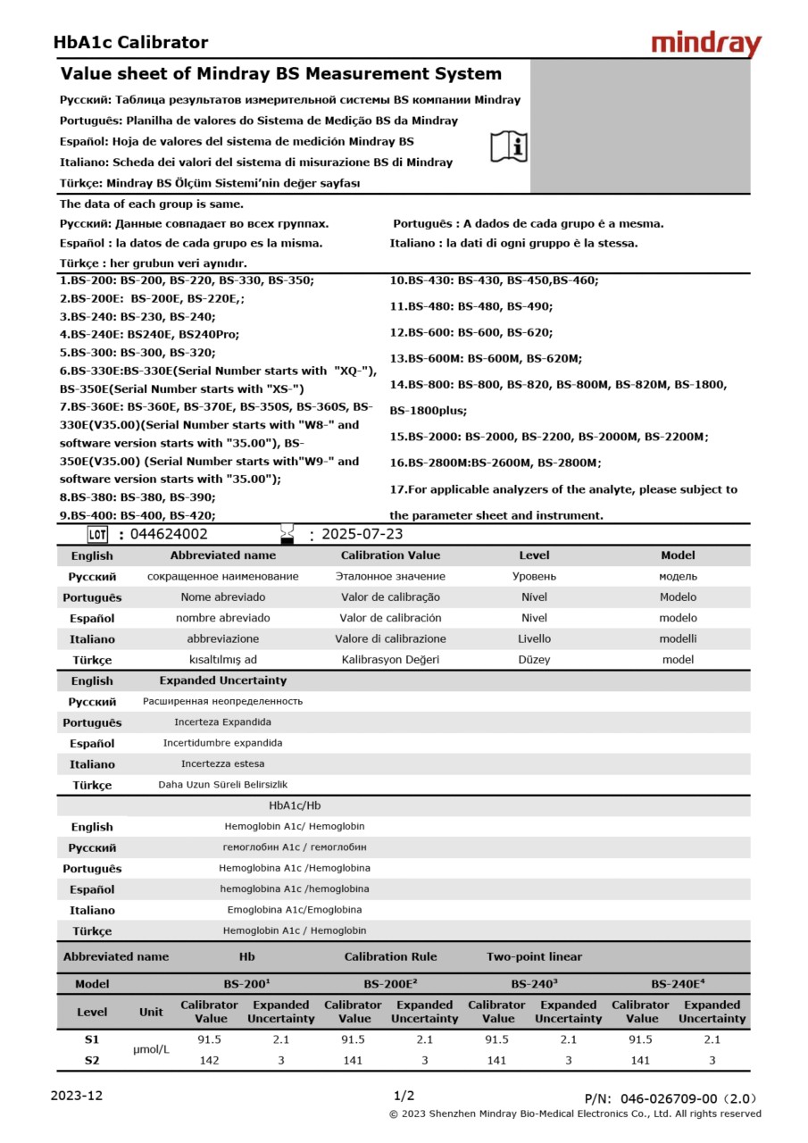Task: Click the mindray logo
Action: point(706,44)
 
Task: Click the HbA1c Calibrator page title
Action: point(130,42)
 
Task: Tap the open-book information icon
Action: point(509,146)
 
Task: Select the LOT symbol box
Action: point(97,535)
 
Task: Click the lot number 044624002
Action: point(169,534)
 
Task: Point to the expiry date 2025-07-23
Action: point(362,534)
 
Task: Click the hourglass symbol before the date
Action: point(287,534)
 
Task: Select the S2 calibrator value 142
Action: point(210,1060)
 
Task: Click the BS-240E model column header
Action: point(678,984)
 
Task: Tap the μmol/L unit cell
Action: point(151,1049)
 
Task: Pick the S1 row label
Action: point(92,1039)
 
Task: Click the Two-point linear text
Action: point(534,956)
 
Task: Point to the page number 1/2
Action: point(404,1096)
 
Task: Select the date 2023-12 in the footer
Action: point(77,1096)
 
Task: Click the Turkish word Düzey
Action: point(534,660)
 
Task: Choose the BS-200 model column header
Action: point(246,984)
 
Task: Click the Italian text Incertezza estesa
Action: point(222,763)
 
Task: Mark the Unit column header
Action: point(151,1012)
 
